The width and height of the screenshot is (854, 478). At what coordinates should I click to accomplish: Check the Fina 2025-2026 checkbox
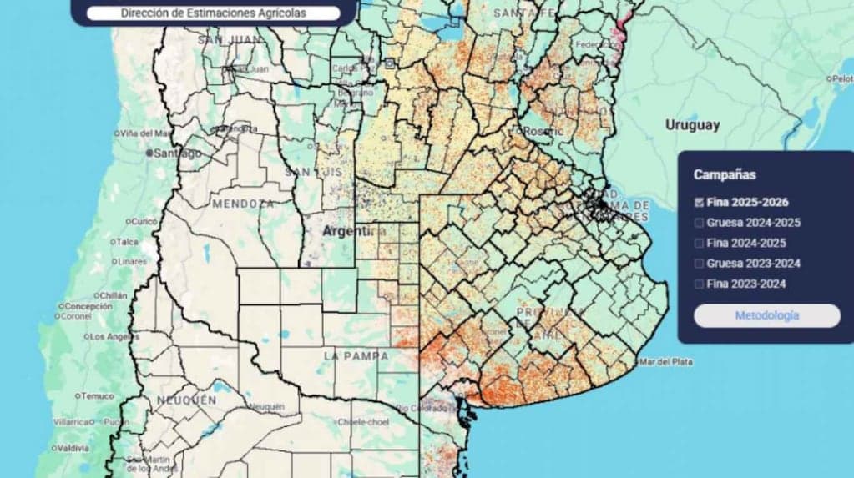click(699, 202)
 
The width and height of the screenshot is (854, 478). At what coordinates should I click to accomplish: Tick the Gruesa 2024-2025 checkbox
click(699, 223)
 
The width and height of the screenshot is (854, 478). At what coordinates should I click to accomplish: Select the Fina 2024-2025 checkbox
click(699, 244)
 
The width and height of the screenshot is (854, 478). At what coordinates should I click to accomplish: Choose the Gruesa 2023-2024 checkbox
click(699, 264)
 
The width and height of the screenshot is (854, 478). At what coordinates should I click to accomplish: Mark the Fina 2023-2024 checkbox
click(699, 284)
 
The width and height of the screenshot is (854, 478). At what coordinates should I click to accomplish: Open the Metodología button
click(766, 315)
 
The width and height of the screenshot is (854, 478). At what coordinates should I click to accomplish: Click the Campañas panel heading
click(724, 175)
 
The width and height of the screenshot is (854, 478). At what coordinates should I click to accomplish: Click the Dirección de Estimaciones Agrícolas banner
click(213, 13)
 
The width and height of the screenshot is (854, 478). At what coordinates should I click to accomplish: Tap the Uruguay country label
click(692, 125)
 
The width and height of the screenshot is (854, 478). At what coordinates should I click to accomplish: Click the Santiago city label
click(178, 153)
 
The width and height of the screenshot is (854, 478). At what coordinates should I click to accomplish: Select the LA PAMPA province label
click(355, 356)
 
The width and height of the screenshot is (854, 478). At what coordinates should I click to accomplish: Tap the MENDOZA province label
click(242, 204)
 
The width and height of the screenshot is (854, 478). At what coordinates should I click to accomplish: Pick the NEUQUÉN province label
click(185, 400)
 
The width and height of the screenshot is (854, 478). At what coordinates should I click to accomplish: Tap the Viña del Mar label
click(145, 133)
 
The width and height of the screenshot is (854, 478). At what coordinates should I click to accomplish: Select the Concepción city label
click(88, 306)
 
